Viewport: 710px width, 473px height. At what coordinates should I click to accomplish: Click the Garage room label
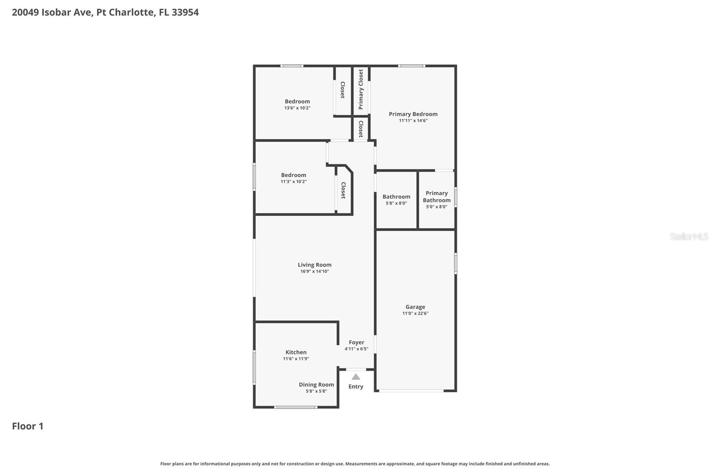[415, 307]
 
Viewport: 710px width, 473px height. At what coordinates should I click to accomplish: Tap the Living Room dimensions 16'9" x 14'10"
[314, 271]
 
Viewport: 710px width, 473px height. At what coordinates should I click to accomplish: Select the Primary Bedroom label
[413, 114]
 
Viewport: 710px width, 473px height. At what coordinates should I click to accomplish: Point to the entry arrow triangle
[355, 377]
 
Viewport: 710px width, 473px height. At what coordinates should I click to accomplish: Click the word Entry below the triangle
[355, 386]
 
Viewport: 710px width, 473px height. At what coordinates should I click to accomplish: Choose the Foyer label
[356, 342]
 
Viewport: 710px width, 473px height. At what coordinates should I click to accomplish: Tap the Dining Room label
[316, 385]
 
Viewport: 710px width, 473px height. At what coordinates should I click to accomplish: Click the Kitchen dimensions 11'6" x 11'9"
[296, 359]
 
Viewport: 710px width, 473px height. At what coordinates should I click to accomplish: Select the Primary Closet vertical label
[361, 89]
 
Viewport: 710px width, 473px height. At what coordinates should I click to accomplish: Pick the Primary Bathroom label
[436, 197]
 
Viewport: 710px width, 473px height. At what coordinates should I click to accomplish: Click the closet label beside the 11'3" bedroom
[343, 190]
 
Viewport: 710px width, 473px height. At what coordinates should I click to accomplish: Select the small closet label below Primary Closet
[361, 129]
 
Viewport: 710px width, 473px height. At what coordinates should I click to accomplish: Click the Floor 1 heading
[28, 426]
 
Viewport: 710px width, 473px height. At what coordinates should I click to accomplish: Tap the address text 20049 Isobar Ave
[52, 12]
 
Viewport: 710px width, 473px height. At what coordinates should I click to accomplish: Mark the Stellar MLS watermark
[689, 236]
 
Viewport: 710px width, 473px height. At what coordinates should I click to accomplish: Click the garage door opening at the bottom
[411, 391]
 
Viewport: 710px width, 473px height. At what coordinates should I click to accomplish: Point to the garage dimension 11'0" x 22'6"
[415, 313]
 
